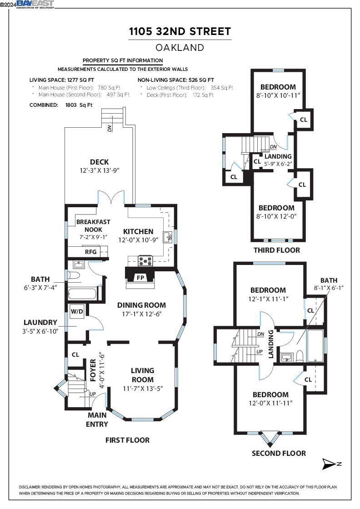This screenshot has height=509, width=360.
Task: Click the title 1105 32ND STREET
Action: [180, 31]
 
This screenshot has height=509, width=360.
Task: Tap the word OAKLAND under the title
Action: [180, 47]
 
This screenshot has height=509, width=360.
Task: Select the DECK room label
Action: [100, 162]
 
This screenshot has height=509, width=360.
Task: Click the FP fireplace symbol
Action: [140, 278]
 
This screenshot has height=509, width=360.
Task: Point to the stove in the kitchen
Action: [145, 260]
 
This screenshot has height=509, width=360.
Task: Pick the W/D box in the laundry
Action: [77, 312]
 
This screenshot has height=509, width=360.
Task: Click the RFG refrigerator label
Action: [90, 252]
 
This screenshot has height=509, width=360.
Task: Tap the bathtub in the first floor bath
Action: [82, 294]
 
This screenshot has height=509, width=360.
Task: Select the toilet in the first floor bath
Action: [74, 276]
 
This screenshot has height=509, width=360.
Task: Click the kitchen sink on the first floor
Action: [168, 237]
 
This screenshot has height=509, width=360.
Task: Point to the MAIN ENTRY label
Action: [97, 419]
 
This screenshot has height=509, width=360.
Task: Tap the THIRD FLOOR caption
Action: [277, 250]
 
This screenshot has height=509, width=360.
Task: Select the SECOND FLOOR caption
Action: [279, 453]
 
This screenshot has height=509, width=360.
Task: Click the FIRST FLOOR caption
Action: [128, 440]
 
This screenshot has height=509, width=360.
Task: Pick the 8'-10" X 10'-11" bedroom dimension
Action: [278, 96]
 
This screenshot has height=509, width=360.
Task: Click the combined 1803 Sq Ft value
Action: [79, 105]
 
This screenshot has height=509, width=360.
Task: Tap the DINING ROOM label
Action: [141, 305]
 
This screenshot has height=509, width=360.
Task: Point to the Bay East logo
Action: [35, 4]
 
